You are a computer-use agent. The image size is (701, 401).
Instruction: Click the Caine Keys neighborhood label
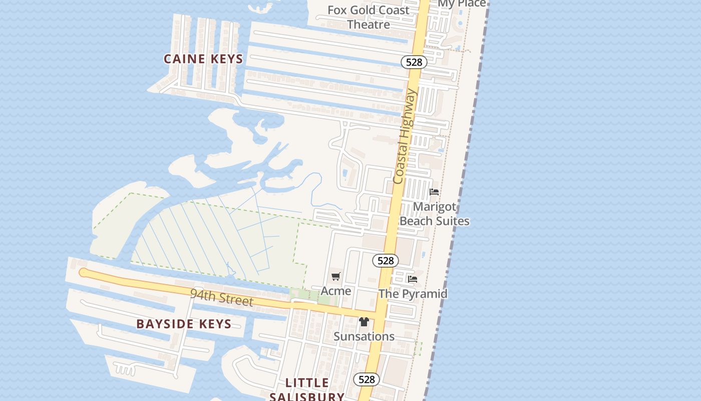point(203,59)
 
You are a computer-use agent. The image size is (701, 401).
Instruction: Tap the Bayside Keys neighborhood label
point(184,324)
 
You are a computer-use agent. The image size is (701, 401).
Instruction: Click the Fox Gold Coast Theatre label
point(369,17)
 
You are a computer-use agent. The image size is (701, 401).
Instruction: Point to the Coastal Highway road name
point(405,136)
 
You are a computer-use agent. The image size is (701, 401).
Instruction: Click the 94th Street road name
point(221,297)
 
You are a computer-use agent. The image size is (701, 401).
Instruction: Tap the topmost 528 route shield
point(414,62)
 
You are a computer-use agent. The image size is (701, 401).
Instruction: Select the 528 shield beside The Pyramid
point(386,261)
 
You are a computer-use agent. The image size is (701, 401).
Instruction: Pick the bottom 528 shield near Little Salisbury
point(367,379)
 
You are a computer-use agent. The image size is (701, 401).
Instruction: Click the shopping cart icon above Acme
point(336,276)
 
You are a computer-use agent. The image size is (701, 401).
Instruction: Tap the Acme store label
point(336,291)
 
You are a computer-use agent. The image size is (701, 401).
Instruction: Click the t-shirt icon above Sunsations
point(364,322)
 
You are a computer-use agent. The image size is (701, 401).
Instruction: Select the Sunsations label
point(364,336)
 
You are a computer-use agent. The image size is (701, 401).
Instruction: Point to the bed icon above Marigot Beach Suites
point(434,192)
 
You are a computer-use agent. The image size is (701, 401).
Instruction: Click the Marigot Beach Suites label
point(434,214)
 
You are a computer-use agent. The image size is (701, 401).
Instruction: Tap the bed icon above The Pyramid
point(413,279)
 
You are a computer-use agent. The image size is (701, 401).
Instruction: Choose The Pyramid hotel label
point(413,294)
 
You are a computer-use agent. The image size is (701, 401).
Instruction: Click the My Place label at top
point(462,4)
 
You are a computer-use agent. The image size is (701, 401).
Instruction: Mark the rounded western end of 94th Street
point(84,273)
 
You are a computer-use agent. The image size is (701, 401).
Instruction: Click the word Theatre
point(369,24)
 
